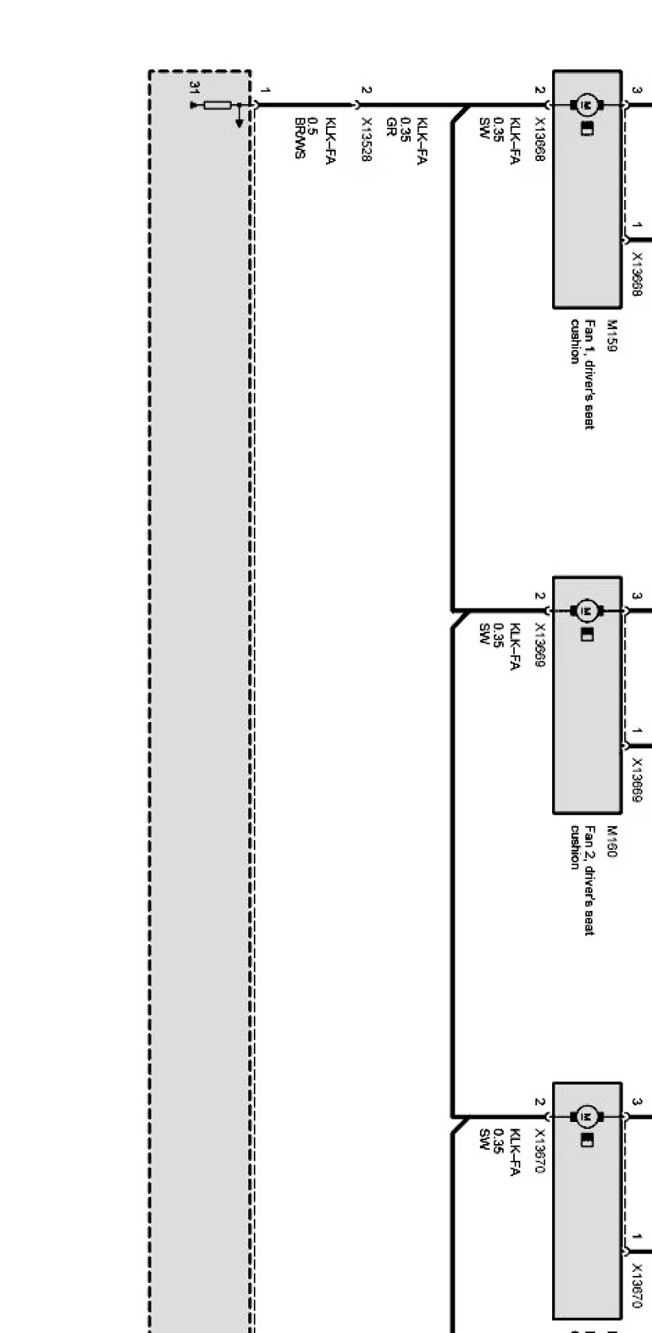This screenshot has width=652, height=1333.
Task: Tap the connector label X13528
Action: pyautogui.click(x=366, y=140)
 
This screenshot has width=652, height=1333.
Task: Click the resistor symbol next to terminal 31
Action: pyautogui.click(x=217, y=105)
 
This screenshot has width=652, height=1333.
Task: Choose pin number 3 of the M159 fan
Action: pyautogui.click(x=636, y=90)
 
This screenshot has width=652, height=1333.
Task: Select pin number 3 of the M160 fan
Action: pyautogui.click(x=636, y=596)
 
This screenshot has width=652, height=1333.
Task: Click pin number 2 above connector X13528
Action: pyautogui.click(x=365, y=90)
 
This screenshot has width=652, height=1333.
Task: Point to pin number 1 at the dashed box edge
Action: pyautogui.click(x=266, y=90)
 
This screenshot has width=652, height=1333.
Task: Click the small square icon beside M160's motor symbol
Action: pyautogui.click(x=587, y=636)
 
